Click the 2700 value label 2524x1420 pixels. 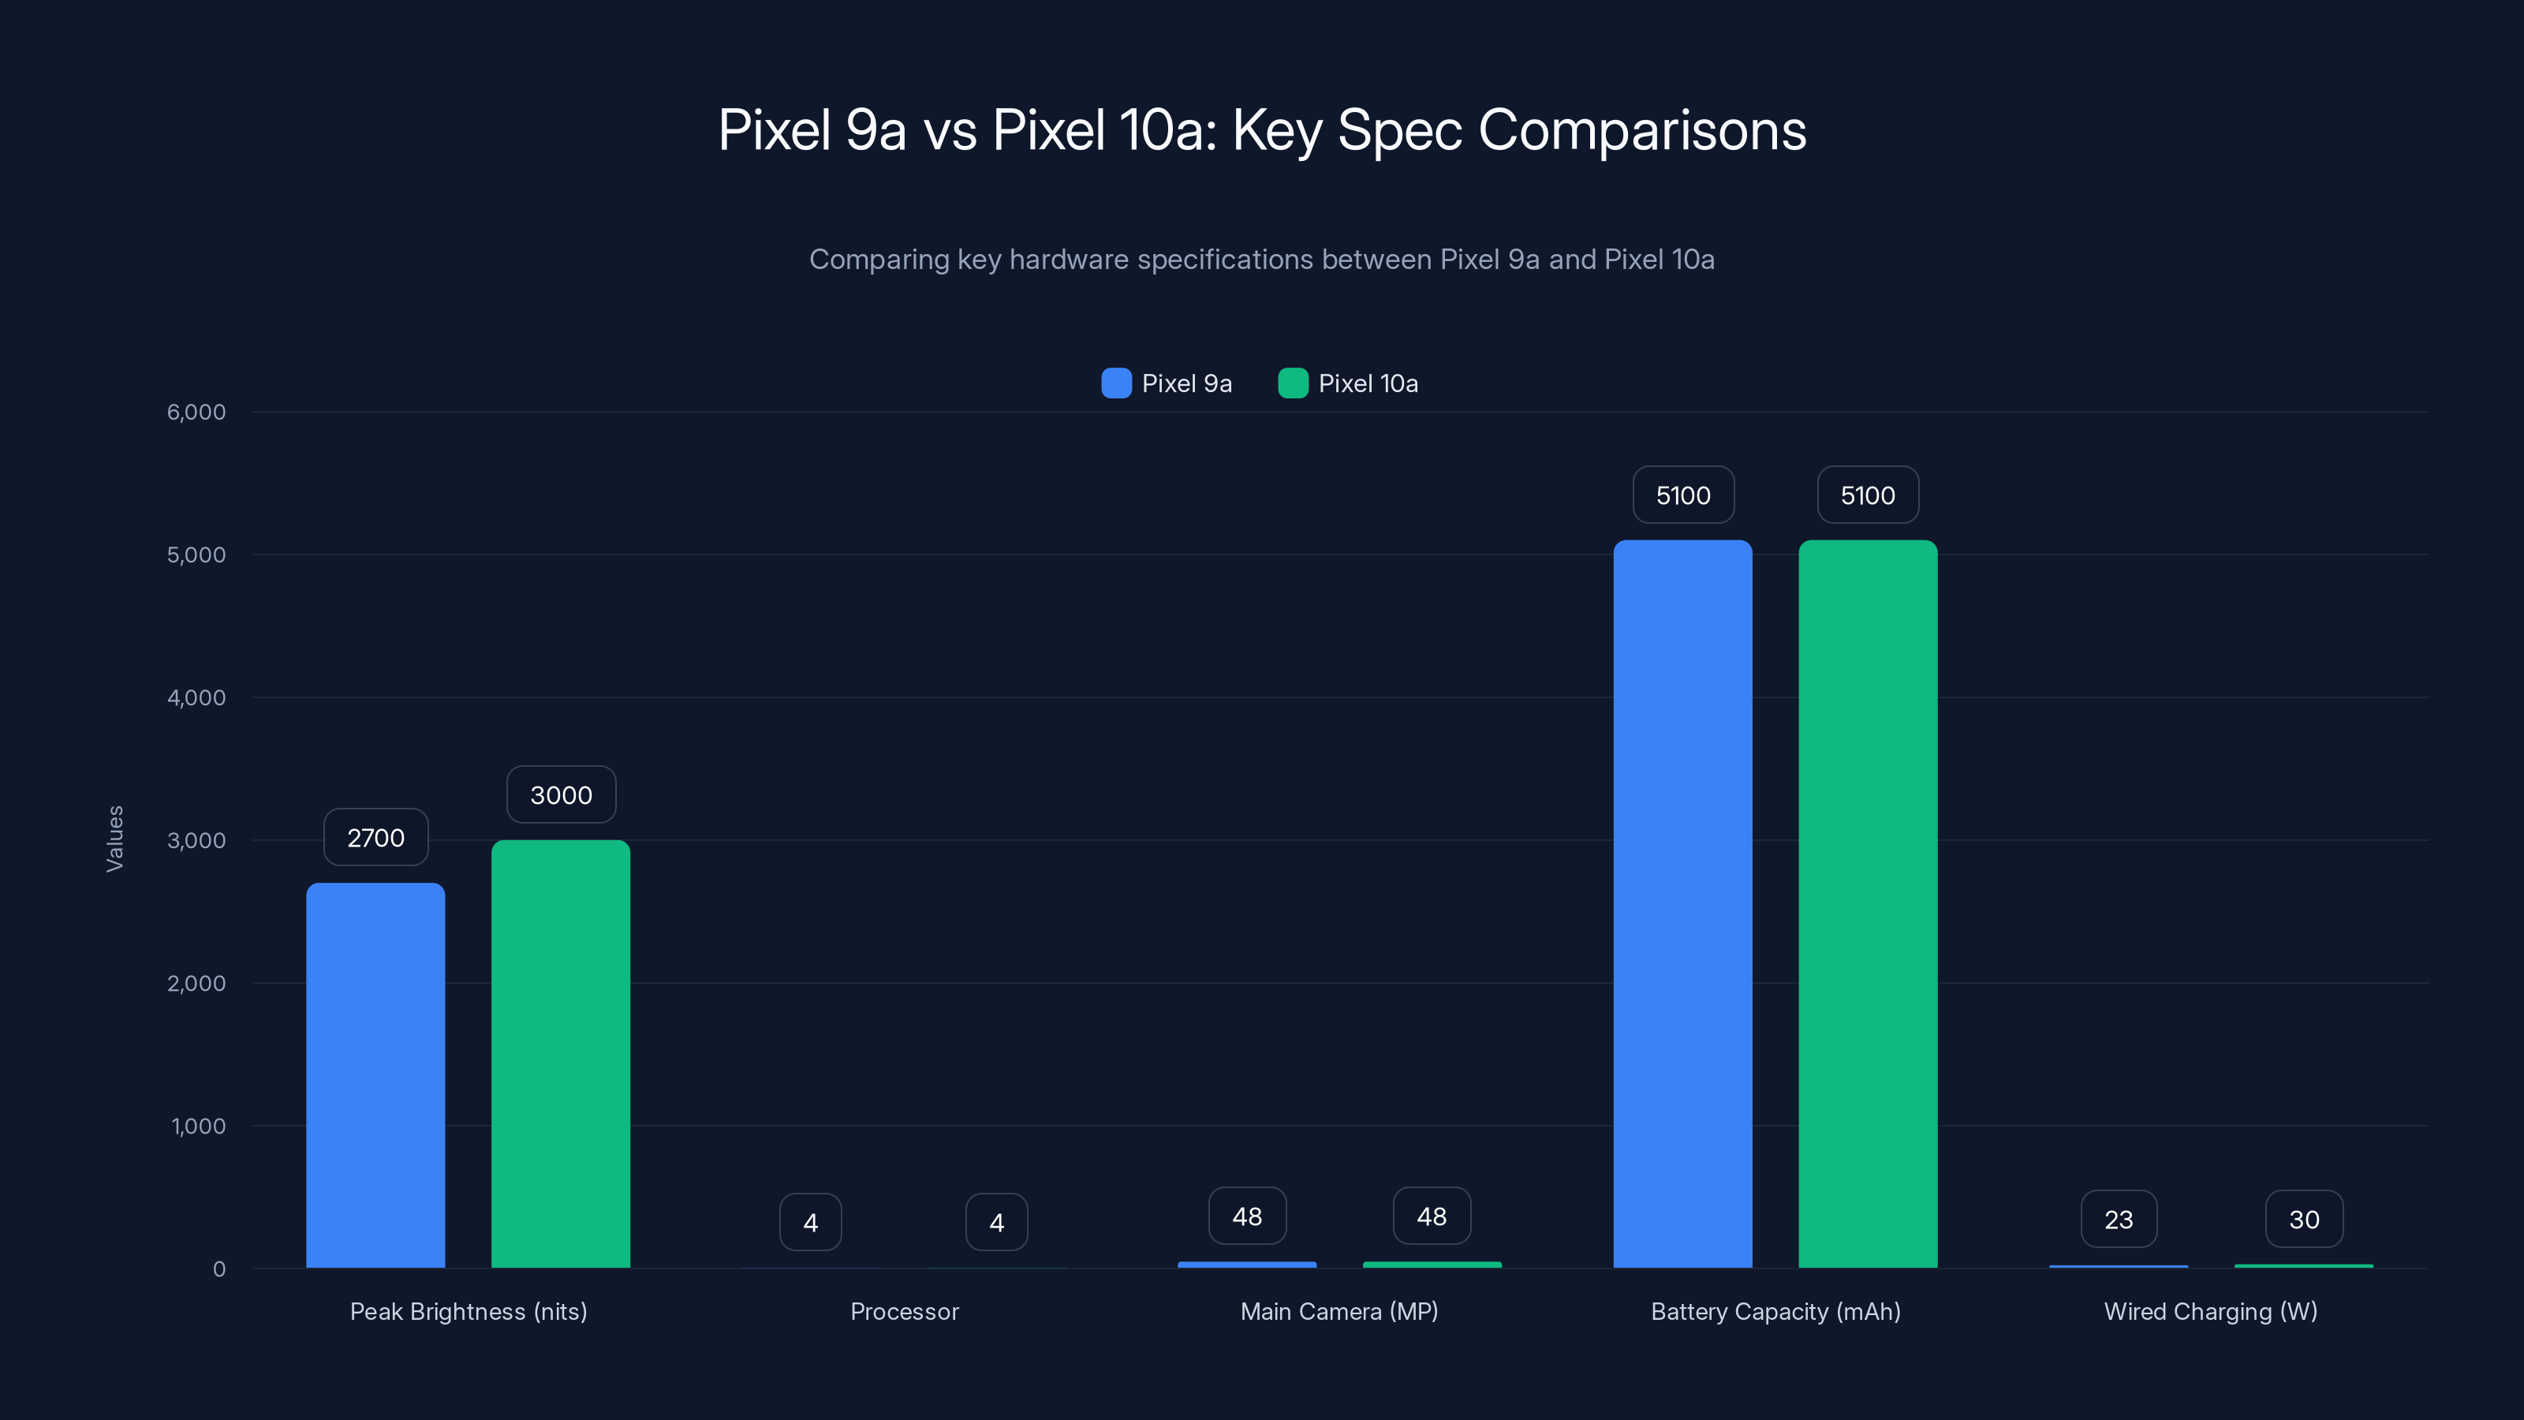tap(375, 838)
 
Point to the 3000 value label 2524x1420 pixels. tap(561, 794)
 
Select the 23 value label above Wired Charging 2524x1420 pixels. tap(2119, 1219)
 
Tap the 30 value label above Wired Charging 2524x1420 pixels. tap(2303, 1219)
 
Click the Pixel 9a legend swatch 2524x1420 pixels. tap(1116, 383)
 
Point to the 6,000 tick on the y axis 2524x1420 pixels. tap(196, 412)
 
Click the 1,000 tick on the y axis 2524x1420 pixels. tap(198, 1126)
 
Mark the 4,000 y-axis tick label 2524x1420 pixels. tap(196, 697)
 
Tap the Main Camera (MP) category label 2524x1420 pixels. tap(1339, 1311)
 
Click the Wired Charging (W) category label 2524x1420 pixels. tap(2210, 1311)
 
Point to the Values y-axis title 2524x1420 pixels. tap(114, 839)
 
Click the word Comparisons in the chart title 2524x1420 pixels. tap(1641, 130)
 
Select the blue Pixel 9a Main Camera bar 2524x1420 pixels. tap(1246, 1264)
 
